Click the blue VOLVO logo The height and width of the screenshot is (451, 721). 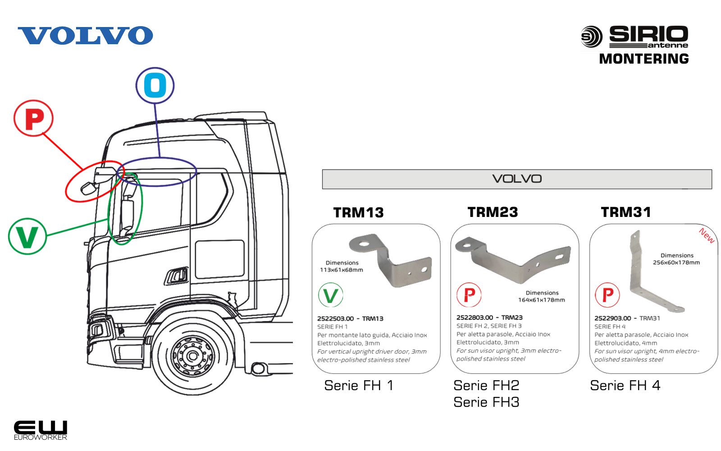pos(85,36)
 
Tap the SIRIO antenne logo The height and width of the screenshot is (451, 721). pos(634,37)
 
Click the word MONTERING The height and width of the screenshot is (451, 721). pos(643,59)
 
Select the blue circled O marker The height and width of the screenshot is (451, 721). pos(155,85)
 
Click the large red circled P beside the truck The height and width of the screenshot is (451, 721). pos(34,119)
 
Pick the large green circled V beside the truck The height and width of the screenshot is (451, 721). pos(27,236)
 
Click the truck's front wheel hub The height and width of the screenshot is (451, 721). pos(193,356)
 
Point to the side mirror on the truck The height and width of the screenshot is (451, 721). pos(127,215)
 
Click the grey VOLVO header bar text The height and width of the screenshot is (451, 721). pos(517,179)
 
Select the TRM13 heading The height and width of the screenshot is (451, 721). pos(358,212)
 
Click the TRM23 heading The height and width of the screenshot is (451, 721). pos(493,212)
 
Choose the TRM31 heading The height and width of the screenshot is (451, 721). pos(626,212)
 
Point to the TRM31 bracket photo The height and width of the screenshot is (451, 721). pos(649,275)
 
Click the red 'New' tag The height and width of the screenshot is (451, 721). pos(706,236)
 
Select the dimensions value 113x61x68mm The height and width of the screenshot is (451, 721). pos(341,270)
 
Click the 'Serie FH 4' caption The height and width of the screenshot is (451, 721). pos(625,386)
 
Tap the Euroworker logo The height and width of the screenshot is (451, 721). pos(40,430)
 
